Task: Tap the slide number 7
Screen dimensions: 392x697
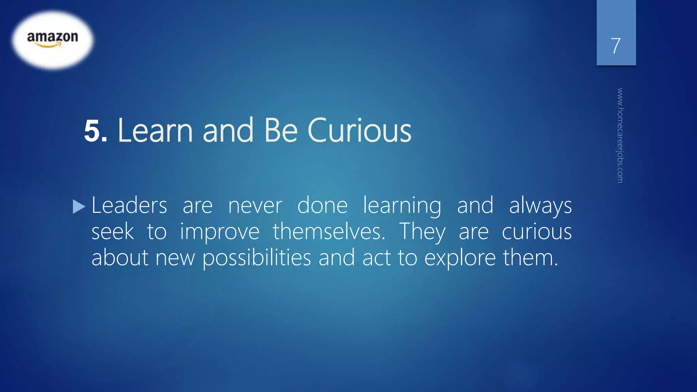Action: (616, 46)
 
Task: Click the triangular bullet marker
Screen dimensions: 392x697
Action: (79, 207)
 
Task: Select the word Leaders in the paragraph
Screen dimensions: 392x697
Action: (129, 206)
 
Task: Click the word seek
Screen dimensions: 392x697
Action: (113, 232)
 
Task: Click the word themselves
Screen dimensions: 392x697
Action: (329, 232)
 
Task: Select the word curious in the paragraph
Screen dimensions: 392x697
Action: (537, 232)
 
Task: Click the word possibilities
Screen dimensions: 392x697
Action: (257, 258)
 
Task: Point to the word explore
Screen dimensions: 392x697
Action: (460, 258)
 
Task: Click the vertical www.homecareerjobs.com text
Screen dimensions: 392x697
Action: (620, 135)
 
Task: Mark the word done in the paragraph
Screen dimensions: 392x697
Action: (322, 206)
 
